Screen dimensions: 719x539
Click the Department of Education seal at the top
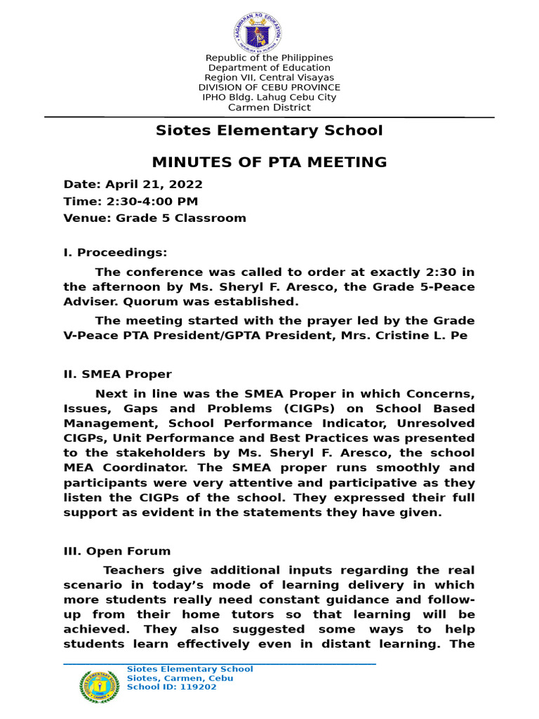coord(257,31)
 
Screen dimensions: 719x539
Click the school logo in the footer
coord(99,687)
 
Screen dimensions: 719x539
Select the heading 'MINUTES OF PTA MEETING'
coord(269,162)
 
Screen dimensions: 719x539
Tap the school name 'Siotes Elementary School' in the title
coord(269,131)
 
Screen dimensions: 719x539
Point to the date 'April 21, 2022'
coord(154,185)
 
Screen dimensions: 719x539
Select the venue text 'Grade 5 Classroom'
coord(181,218)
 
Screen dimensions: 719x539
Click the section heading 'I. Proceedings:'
coord(116,253)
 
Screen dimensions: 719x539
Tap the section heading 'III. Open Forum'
coord(117,551)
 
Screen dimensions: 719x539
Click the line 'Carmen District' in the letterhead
coord(269,107)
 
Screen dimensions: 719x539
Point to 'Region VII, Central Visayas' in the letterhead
coord(269,77)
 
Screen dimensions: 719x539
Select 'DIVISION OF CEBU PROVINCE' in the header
coord(269,88)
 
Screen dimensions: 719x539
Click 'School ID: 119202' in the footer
coord(171,687)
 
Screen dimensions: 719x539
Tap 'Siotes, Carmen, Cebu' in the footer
coord(180,678)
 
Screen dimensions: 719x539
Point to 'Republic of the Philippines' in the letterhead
coord(269,58)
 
